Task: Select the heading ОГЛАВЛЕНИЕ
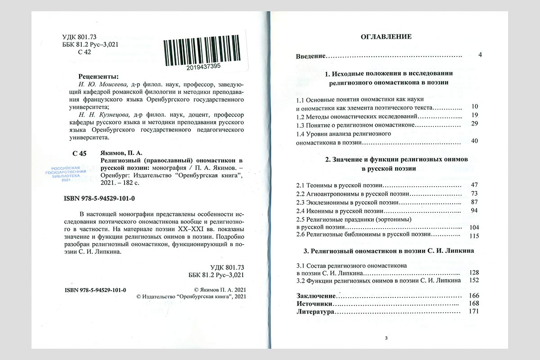386,37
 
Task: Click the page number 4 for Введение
480,55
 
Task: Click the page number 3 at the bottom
386,338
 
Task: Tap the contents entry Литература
315,311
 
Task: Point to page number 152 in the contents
473,280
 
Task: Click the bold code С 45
79,153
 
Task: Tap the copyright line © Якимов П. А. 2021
220,290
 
